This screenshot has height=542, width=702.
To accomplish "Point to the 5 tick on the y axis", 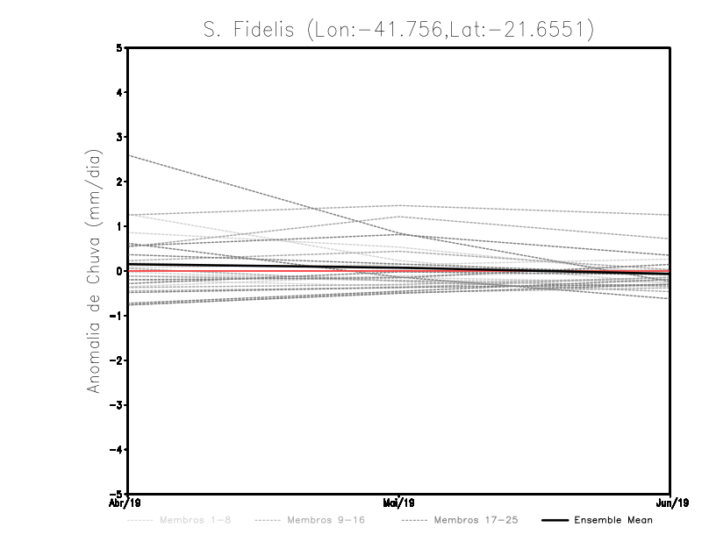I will [x=119, y=48].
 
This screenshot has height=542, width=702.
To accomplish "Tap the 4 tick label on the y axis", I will [x=119, y=92].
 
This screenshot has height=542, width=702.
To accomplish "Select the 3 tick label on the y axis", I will [x=119, y=137].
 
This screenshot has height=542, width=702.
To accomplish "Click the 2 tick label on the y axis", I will [x=119, y=182].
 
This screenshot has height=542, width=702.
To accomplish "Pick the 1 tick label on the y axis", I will [x=119, y=226].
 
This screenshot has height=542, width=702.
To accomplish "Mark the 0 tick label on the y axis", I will [x=119, y=271].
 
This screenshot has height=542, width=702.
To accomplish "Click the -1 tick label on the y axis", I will [x=118, y=316].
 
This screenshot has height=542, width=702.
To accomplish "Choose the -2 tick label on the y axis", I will [x=118, y=360].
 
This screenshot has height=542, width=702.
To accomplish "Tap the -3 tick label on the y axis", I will [x=118, y=405].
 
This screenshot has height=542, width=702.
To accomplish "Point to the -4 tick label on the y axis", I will [x=118, y=449].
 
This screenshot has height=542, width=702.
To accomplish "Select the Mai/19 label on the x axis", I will [x=399, y=503].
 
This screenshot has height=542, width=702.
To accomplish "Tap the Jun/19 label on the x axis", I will [x=671, y=503].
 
